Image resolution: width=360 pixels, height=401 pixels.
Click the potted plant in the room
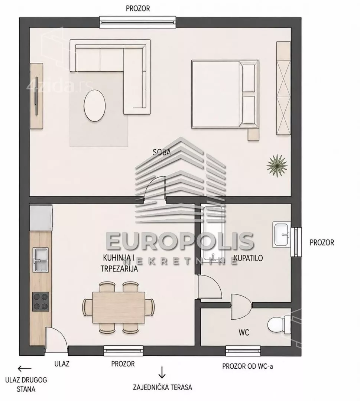277,166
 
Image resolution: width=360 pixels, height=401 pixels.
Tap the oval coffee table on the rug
95,105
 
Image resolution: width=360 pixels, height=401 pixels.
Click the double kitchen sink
41,259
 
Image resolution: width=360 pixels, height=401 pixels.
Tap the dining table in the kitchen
119,307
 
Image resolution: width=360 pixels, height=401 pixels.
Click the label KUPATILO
248,258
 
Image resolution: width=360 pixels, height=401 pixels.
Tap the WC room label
244,333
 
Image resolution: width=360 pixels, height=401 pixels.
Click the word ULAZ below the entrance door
62,363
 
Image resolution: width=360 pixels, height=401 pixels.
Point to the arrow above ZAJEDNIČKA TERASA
162,372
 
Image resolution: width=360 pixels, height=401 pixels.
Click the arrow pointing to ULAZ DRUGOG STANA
25,369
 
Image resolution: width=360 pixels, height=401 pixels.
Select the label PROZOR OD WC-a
247,366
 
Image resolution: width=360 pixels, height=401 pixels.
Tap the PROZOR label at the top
138,9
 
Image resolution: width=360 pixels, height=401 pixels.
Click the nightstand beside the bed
253,134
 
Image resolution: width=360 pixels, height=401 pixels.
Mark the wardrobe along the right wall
283,88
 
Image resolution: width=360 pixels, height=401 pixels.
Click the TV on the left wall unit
36,96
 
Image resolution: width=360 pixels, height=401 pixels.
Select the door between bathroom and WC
241,307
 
